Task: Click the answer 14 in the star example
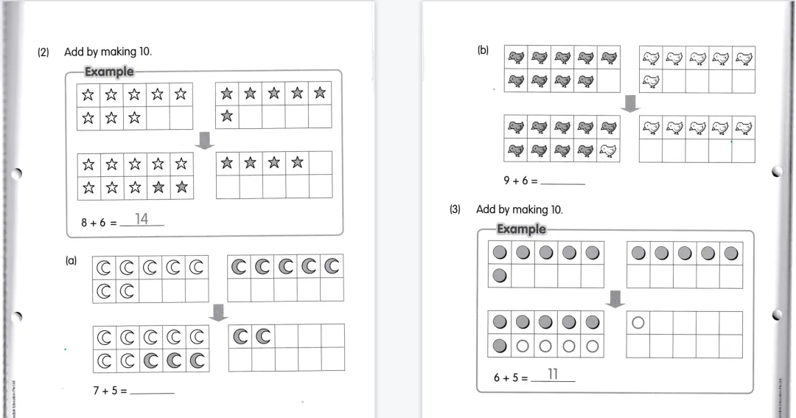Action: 142,219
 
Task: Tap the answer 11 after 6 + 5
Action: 552,375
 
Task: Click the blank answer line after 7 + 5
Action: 152,391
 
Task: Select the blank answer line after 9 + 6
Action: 562,181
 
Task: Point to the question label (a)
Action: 71,260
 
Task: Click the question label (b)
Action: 483,52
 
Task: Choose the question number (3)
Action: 455,209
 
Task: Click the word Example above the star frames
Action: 109,72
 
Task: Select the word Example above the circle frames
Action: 521,229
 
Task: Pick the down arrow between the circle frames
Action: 615,299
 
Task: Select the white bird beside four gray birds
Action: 608,150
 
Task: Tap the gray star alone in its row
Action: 227,116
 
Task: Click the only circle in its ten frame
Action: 639,322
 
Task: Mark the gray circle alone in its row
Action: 499,276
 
